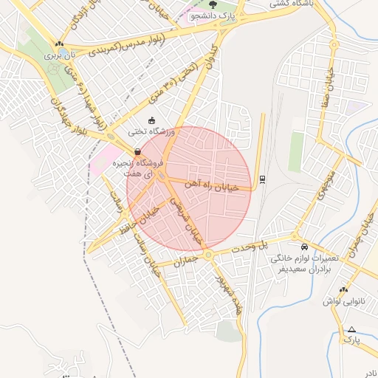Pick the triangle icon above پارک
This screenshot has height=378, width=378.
click(x=351, y=329)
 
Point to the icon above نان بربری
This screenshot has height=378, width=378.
click(x=58, y=44)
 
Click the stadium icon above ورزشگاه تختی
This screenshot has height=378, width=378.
click(x=152, y=121)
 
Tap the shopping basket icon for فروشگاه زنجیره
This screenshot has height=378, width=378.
click(x=138, y=152)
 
